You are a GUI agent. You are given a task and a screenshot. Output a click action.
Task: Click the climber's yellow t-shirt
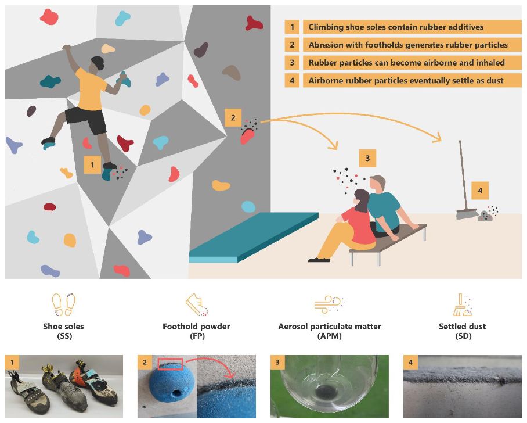tap(90, 89)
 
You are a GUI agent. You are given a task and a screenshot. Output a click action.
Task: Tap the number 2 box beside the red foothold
tap(233, 118)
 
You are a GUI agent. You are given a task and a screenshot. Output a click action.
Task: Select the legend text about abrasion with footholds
tap(408, 45)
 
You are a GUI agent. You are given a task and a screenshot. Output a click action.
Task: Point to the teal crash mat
tap(254, 237)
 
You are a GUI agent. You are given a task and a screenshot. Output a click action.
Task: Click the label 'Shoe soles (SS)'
tap(63, 331)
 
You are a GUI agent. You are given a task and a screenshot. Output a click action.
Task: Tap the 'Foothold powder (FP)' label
tap(197, 331)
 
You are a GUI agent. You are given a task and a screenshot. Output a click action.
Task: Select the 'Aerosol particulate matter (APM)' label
tap(330, 331)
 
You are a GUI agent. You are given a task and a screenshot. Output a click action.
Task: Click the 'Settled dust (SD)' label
tap(463, 331)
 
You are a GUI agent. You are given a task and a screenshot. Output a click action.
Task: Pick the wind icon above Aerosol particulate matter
tap(329, 304)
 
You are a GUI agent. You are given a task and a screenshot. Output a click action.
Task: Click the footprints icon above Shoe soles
tap(63, 304)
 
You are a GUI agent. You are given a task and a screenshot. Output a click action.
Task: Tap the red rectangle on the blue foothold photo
tap(170, 363)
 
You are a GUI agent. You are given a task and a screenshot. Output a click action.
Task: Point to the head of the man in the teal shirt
tap(377, 184)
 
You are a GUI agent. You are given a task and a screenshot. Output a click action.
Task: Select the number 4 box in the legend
tap(292, 80)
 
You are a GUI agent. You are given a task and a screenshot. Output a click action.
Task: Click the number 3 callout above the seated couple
tap(367, 158)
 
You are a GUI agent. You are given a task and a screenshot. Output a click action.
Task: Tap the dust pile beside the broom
tap(485, 216)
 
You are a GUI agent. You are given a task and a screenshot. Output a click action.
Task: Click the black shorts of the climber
tap(86, 120)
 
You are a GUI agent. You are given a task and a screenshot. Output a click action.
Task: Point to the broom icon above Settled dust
tap(463, 304)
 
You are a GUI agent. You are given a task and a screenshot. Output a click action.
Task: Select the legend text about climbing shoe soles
tap(396, 27)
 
